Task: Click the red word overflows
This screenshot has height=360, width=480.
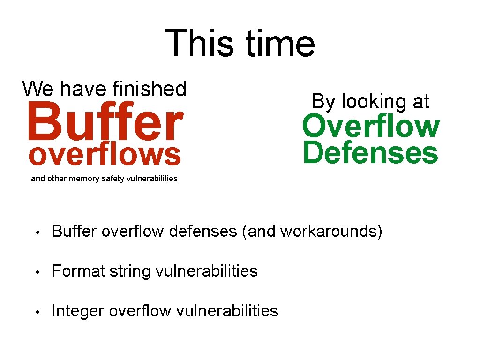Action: click(x=105, y=155)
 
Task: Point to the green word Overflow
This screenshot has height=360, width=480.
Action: click(x=370, y=127)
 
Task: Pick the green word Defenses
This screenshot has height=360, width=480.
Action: click(x=370, y=153)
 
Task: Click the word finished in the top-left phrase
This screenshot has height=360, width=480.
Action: click(x=150, y=88)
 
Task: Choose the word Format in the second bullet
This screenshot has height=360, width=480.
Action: click(x=78, y=271)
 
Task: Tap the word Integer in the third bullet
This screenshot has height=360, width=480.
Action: click(x=78, y=311)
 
